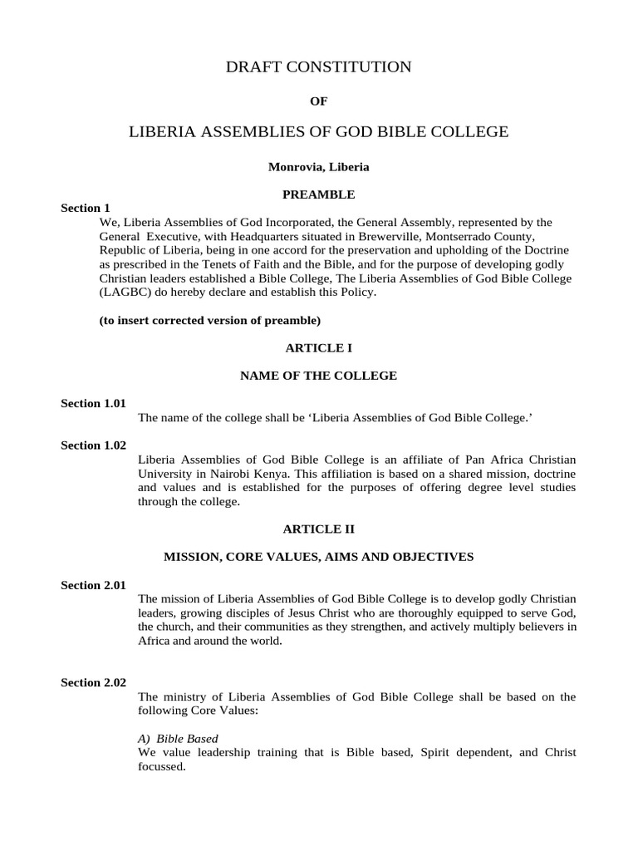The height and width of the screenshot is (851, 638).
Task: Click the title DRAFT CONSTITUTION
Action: point(318,67)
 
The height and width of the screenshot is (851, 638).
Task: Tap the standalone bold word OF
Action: point(318,101)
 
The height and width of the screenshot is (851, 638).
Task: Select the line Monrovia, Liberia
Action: point(318,167)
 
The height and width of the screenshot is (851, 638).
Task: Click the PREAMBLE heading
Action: point(318,194)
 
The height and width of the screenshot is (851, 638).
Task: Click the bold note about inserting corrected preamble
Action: point(209,320)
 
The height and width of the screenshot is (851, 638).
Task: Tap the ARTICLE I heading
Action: point(318,348)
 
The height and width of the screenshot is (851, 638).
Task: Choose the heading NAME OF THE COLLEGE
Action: point(318,376)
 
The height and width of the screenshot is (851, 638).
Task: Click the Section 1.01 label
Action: point(93,403)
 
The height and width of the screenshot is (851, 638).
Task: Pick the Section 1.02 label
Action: point(93,445)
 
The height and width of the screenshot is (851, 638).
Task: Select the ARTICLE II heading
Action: point(318,529)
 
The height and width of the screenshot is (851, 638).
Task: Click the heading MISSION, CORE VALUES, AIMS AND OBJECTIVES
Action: point(318,557)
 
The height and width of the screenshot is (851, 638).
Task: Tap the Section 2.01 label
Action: point(93,585)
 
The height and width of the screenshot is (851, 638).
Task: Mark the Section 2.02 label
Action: point(93,682)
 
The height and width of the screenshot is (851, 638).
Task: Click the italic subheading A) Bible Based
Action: point(178,738)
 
